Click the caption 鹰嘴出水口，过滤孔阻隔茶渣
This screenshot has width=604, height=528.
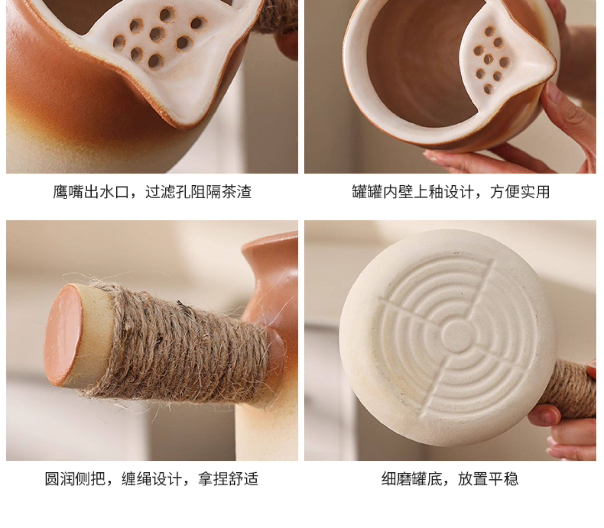152,192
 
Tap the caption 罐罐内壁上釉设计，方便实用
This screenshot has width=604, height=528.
451,192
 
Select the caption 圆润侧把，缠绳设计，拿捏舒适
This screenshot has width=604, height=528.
151,479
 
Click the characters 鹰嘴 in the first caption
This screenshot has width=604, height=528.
68,192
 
